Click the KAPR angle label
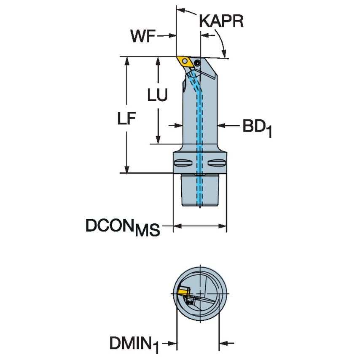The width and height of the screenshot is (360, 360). click(221, 21)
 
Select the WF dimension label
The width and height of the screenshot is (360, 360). click(142, 37)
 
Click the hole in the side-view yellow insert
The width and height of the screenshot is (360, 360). click(184, 61)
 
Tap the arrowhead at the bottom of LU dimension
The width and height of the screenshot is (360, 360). click(158, 140)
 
